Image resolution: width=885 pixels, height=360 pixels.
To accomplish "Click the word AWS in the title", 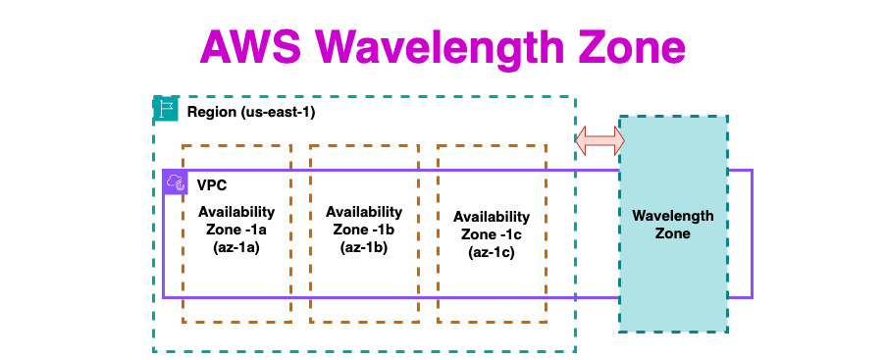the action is (x=250, y=47).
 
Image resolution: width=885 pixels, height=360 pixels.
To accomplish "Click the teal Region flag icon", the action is (x=166, y=109).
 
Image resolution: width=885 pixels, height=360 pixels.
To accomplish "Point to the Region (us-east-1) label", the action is (x=251, y=112).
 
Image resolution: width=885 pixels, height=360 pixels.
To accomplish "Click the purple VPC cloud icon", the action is (x=175, y=182).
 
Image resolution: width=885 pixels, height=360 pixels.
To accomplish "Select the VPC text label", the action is (x=212, y=184).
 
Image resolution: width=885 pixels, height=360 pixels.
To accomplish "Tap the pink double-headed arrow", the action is (x=599, y=140).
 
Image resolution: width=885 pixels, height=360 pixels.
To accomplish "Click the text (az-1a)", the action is (x=236, y=248).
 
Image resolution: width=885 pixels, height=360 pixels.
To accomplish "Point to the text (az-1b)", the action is (x=364, y=248).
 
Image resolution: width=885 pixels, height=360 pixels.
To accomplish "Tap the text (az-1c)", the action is (x=492, y=253).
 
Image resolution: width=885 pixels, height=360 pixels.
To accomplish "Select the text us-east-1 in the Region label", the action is (x=278, y=112).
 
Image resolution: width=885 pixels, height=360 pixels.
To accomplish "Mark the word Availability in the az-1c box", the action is (x=492, y=217).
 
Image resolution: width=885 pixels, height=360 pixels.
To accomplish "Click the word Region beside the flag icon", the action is (x=212, y=112).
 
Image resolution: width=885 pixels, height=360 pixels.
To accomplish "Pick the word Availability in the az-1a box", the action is (x=236, y=212).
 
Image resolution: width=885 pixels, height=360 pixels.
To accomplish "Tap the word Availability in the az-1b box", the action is (x=364, y=212).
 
